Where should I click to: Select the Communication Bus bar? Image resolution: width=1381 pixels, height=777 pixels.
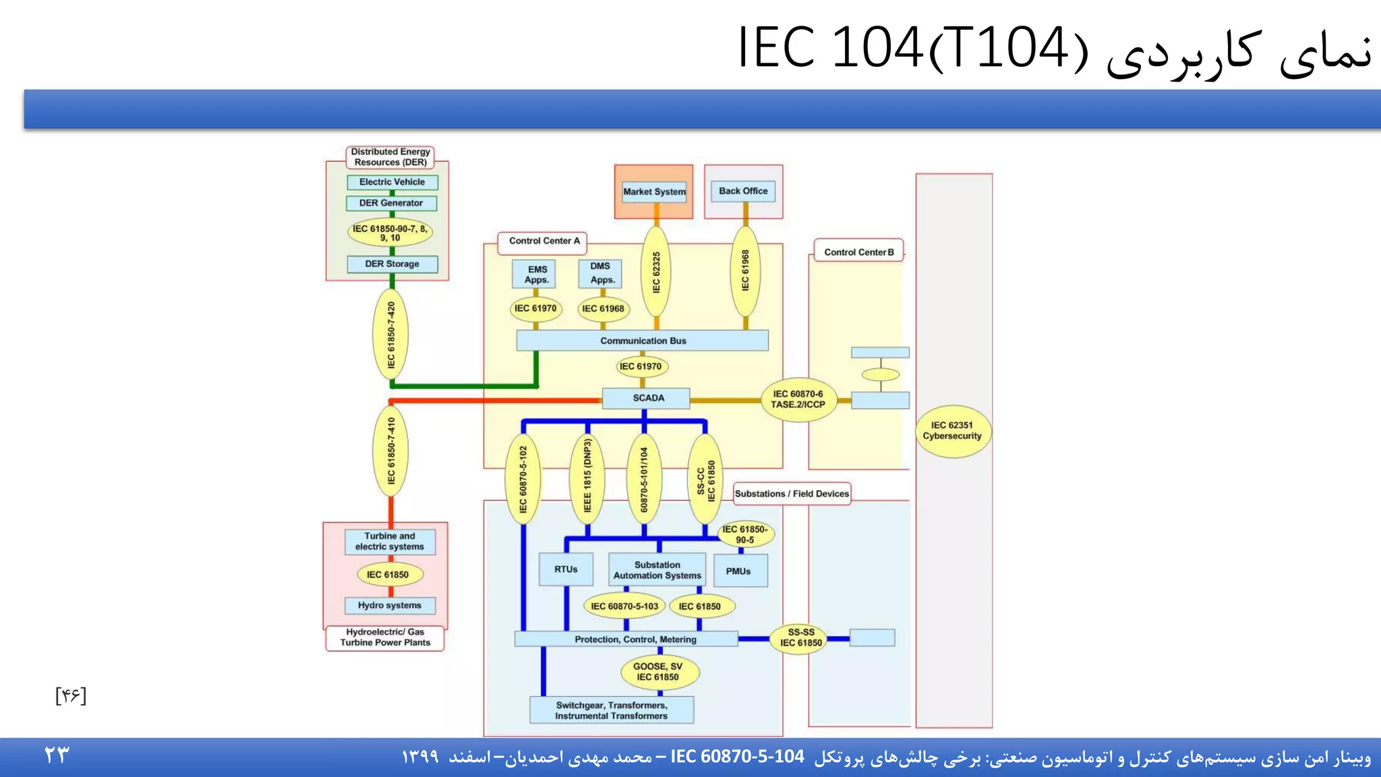[642, 341]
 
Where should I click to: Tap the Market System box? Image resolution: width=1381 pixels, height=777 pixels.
[654, 192]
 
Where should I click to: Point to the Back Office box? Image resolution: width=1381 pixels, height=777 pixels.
[743, 191]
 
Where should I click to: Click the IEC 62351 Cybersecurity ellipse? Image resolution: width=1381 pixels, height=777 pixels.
[952, 431]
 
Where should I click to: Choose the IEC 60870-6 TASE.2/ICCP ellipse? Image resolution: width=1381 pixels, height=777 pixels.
[798, 399]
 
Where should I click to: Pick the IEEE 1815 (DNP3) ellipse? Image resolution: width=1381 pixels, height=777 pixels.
[587, 476]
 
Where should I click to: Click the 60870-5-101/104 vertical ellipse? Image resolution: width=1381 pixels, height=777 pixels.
[644, 479]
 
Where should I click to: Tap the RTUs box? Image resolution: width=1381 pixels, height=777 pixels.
[566, 569]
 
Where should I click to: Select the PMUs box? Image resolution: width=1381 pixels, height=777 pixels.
[739, 571]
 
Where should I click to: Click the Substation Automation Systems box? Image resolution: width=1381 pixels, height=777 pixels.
[657, 570]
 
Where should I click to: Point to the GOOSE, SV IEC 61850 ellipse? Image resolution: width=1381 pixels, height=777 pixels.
[657, 672]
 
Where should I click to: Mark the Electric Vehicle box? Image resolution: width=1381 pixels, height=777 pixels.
[392, 182]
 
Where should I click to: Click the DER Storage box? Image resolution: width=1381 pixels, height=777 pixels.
[392, 264]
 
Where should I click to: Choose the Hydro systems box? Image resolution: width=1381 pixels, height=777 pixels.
[390, 605]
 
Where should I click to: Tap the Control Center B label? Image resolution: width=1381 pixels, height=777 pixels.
[858, 252]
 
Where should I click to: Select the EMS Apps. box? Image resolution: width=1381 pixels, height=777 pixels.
[536, 274]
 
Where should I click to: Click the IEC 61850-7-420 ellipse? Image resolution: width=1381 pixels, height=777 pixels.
[391, 335]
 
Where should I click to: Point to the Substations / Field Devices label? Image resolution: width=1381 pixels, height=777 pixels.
[792, 494]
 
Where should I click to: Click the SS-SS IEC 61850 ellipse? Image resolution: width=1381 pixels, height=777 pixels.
[800, 637]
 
